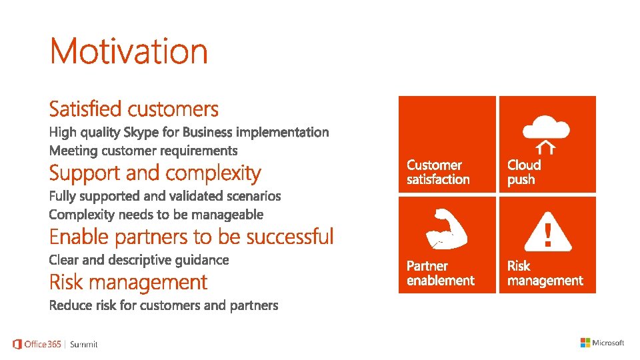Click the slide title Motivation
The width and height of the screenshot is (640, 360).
point(129,51)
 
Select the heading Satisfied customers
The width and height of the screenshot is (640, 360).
point(134,109)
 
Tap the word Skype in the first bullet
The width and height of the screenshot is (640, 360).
point(141,133)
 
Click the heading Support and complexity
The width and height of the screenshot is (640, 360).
point(155,173)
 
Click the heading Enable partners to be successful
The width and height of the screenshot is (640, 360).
point(191,237)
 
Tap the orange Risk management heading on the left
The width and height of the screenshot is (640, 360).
point(128,282)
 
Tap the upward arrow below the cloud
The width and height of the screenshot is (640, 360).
point(546,147)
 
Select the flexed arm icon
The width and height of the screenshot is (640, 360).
point(447,229)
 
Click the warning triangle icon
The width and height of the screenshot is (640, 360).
point(548,232)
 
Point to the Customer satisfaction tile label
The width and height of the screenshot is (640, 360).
point(438,172)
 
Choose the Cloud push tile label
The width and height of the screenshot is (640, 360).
point(524,172)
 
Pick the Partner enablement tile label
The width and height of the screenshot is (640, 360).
point(441,273)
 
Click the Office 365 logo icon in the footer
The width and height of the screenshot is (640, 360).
point(17,344)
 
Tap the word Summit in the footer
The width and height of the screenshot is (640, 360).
point(84,345)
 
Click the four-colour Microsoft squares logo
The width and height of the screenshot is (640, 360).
point(585,343)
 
